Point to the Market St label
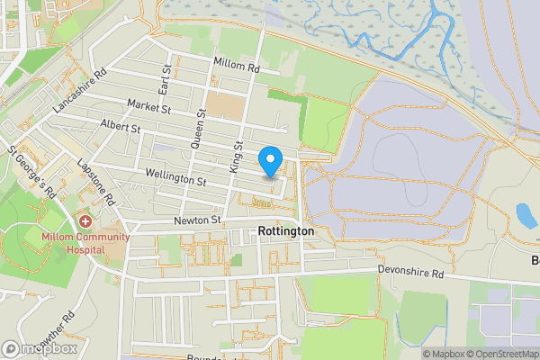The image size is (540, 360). pyautogui.click(x=148, y=108)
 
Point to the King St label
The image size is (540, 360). pyautogui.click(x=237, y=156)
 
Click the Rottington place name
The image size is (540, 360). pyautogui.click(x=285, y=231)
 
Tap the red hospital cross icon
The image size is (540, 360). pyautogui.click(x=85, y=220)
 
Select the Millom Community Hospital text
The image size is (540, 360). pyautogui.click(x=85, y=243)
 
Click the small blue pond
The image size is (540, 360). pyautogui.click(x=526, y=216)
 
